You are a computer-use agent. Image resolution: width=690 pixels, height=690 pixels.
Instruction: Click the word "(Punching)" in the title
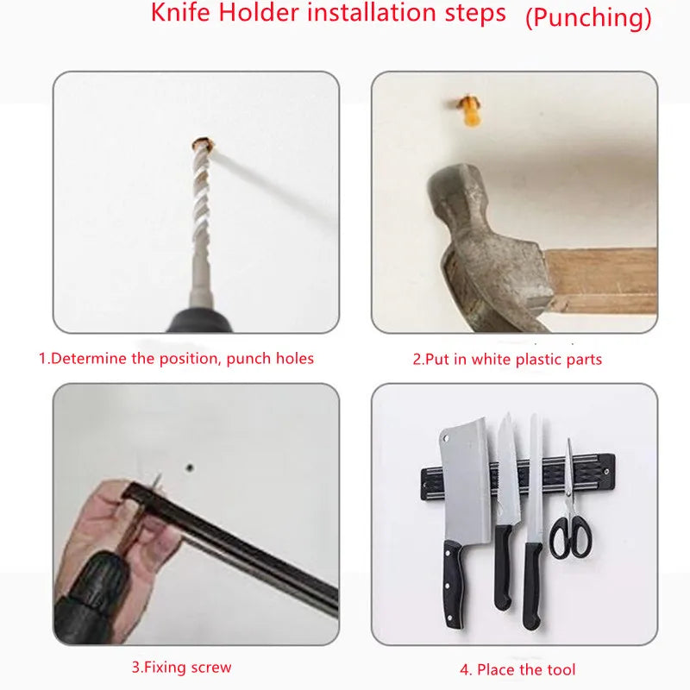tap(588, 18)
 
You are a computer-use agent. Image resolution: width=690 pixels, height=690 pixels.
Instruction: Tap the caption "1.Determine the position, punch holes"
tap(176, 358)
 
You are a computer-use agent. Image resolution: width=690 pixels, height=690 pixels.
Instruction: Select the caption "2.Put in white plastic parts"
tap(507, 359)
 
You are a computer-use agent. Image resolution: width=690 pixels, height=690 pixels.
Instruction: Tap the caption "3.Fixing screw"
tap(181, 667)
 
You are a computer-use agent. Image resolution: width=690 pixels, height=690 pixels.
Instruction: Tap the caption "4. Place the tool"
tap(517, 669)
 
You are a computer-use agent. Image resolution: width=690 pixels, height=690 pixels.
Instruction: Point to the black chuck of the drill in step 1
tap(194, 321)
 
